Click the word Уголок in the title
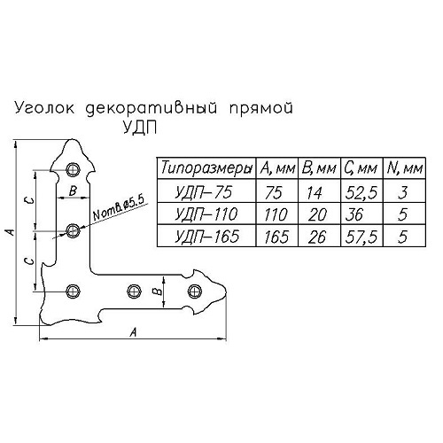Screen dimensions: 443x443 [x=44, y=109]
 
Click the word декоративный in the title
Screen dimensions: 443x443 [x=152, y=108]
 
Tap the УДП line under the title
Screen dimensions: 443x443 [x=140, y=128]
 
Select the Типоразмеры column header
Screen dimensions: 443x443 [x=206, y=168]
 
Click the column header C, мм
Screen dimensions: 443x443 [x=361, y=168]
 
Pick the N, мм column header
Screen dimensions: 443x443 [x=405, y=168]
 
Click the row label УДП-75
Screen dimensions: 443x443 [x=204, y=192]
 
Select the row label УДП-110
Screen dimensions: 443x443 [x=206, y=214]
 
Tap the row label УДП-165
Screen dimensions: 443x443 [x=206, y=237]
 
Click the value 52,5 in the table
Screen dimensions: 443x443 [x=361, y=193]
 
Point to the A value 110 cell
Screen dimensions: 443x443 [x=276, y=214]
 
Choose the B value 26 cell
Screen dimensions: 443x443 [x=317, y=237]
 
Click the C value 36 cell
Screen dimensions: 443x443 [x=354, y=214]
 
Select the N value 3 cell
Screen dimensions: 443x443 [x=402, y=192]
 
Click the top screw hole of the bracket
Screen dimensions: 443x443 [x=73, y=169]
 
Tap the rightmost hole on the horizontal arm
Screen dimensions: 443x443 [x=195, y=291]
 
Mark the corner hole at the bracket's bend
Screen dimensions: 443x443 [x=73, y=291]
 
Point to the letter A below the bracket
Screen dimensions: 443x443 [x=134, y=332]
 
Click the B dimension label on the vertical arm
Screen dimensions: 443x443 [x=73, y=190]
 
